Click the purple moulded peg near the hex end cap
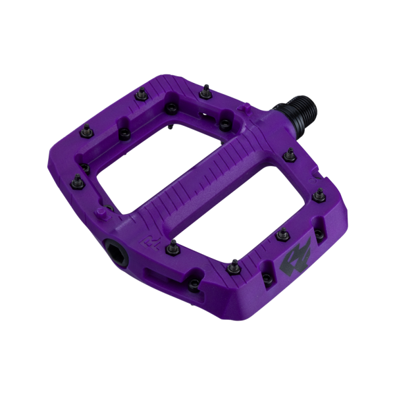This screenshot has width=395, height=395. point(102,212)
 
